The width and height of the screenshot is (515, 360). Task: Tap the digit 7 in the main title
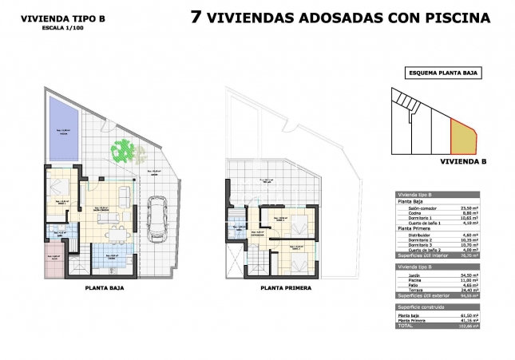[x=196, y=18]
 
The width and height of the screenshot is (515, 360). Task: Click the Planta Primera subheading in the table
[x=416, y=228]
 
